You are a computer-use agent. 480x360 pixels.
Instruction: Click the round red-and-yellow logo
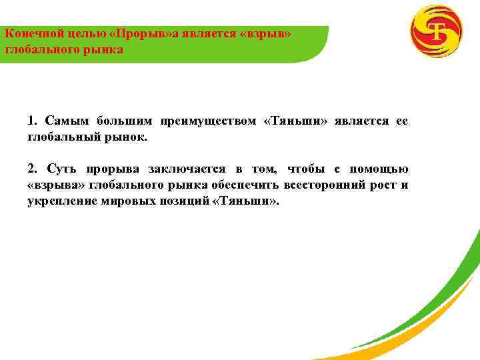(437, 31)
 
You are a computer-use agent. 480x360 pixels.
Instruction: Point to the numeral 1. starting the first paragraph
(34, 121)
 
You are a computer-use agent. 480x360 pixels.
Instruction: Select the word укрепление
(60, 201)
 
